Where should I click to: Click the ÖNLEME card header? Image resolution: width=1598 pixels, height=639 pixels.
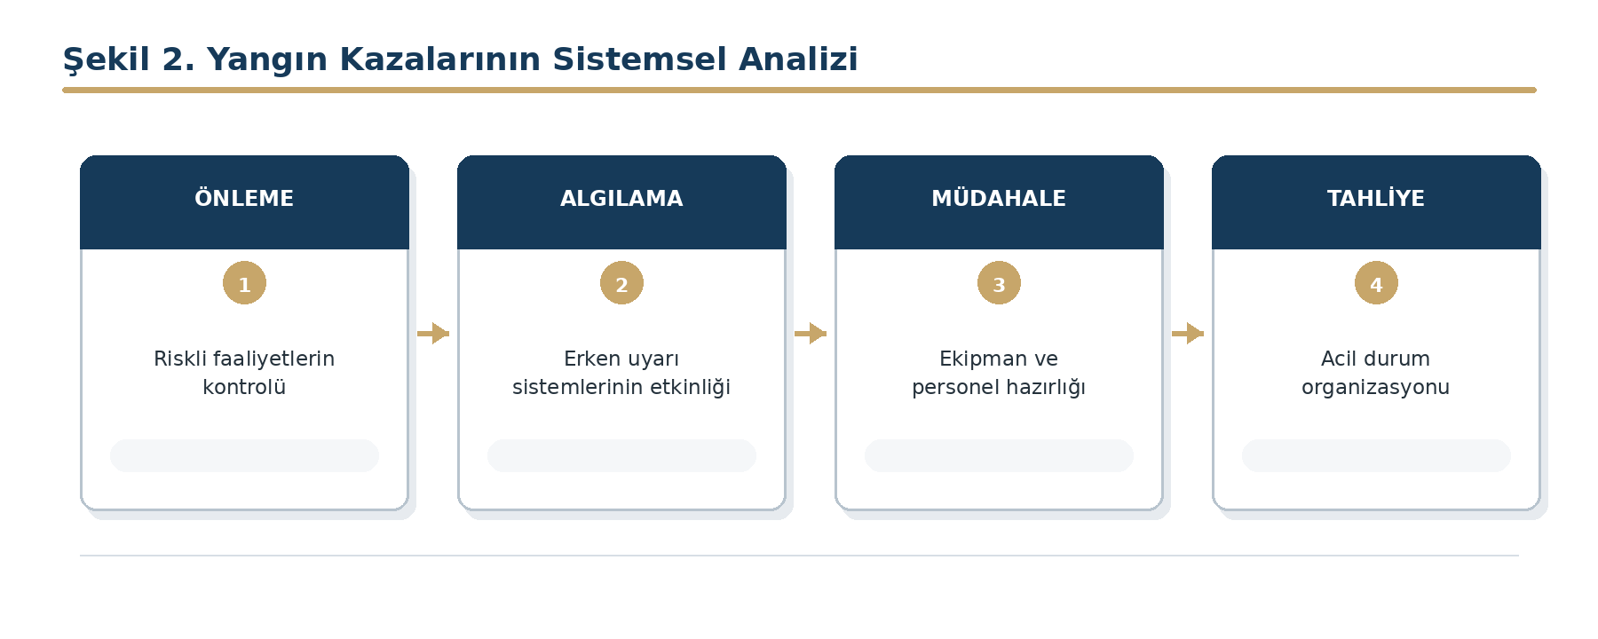244,202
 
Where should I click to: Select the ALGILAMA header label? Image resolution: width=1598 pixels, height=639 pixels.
621,198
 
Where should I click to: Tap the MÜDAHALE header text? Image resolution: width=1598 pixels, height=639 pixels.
999,198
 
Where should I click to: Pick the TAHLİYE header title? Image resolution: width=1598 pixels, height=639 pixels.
1376,198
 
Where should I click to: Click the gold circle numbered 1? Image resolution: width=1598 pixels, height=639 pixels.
244,283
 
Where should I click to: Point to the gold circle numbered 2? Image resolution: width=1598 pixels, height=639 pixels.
621,283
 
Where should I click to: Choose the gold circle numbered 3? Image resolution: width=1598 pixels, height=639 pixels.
999,283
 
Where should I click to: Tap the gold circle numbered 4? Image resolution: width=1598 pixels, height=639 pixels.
1376,283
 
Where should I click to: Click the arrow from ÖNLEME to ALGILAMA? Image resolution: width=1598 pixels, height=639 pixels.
433,334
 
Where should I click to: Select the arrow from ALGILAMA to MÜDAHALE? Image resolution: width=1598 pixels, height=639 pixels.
811,334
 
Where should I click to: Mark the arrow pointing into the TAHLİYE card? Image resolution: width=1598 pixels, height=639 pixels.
1188,334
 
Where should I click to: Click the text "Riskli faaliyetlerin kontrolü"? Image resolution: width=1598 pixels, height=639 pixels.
244,373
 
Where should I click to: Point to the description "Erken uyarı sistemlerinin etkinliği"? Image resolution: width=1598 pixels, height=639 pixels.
621,373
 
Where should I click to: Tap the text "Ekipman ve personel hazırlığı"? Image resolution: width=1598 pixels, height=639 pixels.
999,373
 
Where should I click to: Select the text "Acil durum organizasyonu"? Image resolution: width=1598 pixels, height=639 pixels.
1376,373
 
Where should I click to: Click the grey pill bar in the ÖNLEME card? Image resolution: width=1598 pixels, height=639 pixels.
244,455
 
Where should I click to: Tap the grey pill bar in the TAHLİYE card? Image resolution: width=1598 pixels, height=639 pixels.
1376,455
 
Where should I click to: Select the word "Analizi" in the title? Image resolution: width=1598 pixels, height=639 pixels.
799,59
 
